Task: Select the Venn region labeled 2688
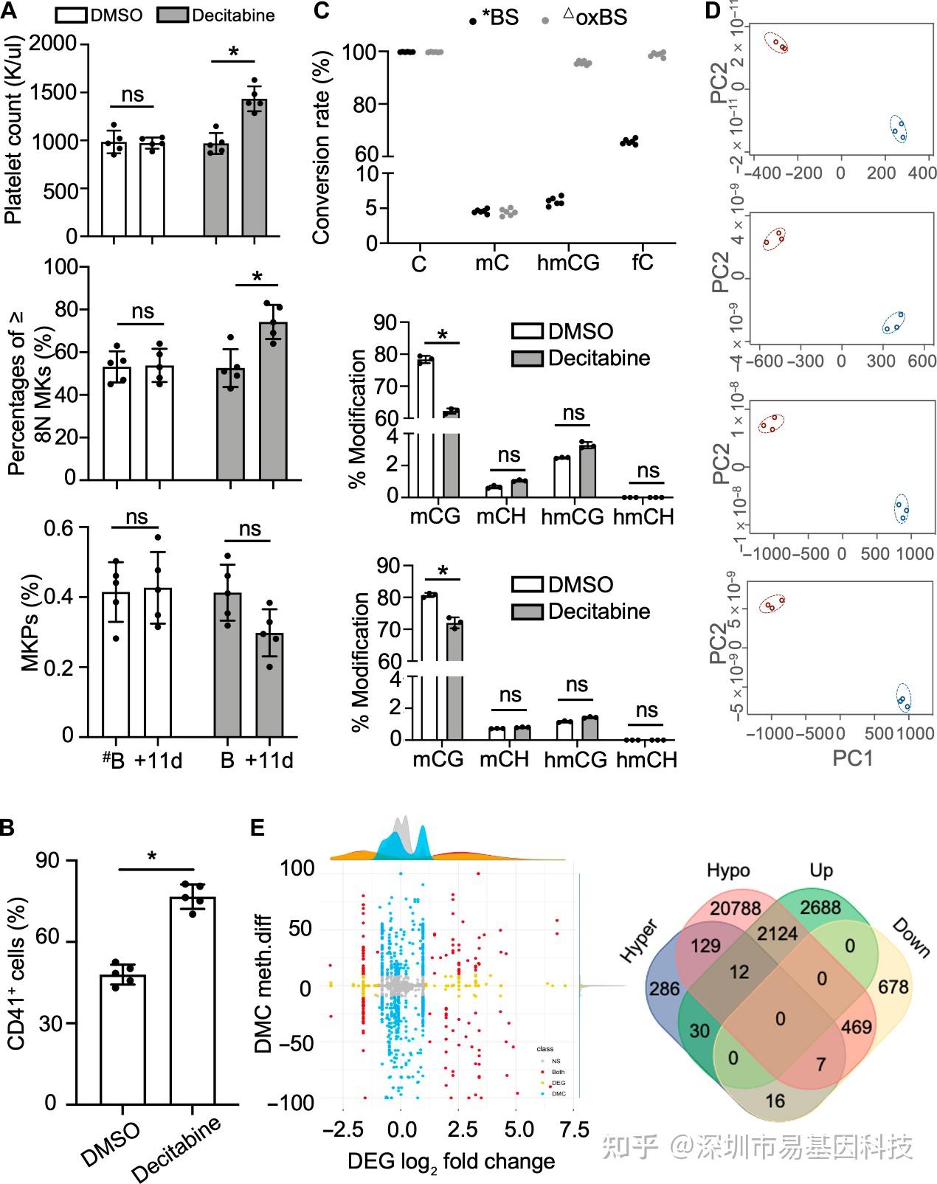(x=820, y=907)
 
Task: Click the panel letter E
(x=257, y=828)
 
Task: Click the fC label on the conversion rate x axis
(x=643, y=263)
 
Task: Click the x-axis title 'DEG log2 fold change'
(x=451, y=1163)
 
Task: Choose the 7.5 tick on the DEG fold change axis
(x=575, y=1129)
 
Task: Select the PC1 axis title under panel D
(x=852, y=758)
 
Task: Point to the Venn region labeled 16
(x=775, y=1101)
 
